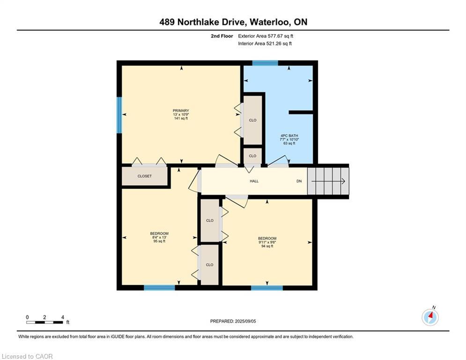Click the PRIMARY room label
click(181, 111)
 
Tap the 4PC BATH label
click(289, 135)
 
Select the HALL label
click(254, 181)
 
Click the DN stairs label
click(299, 181)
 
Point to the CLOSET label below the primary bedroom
click(145, 176)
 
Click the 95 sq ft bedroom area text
click(159, 241)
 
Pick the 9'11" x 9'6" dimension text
click(267, 242)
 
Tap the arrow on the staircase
click(328, 181)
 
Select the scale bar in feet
click(44, 322)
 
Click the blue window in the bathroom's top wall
click(265, 63)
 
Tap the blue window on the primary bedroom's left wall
click(119, 115)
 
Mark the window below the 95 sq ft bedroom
click(159, 288)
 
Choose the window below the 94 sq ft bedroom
click(267, 288)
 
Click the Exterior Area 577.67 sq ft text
click(266, 36)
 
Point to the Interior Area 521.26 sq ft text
click(265, 44)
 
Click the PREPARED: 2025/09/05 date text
click(233, 321)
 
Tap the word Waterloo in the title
click(270, 22)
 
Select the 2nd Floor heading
click(222, 36)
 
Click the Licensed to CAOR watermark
click(27, 356)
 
